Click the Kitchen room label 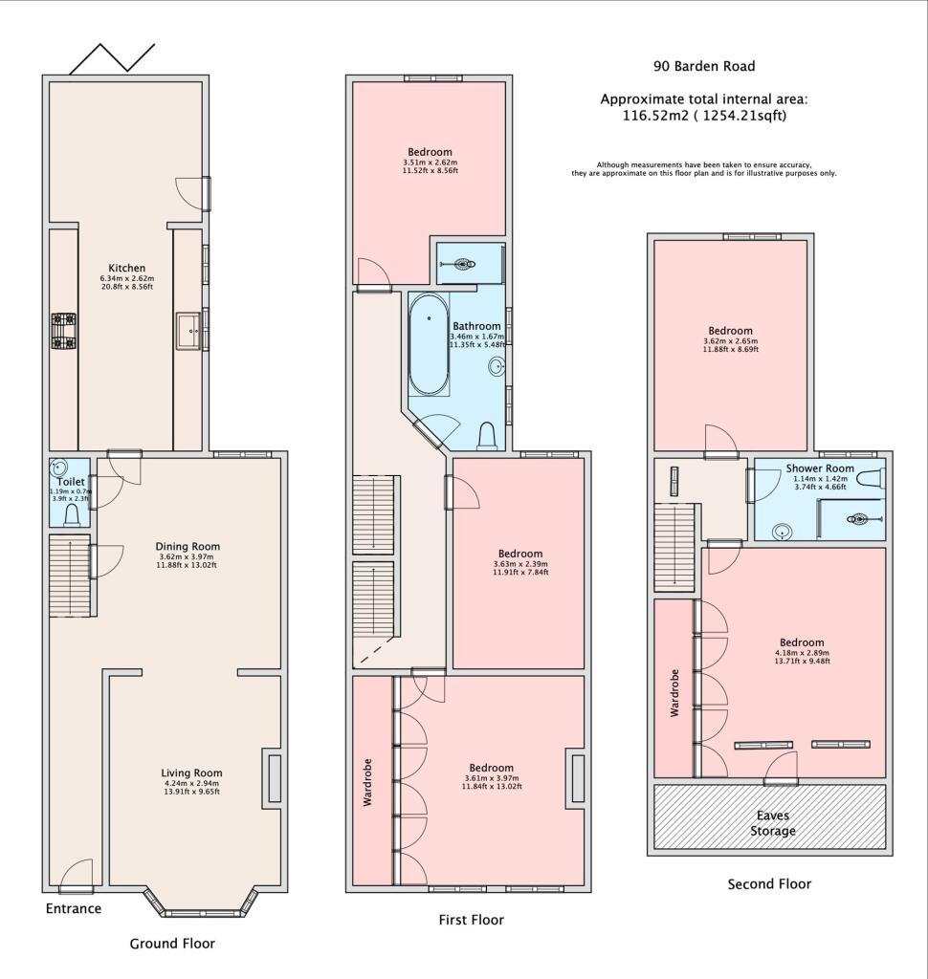pos(126,268)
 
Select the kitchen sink pos(188,332)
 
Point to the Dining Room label pos(188,547)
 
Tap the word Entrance pos(74,908)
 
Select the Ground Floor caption pos(172,944)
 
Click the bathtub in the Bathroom pos(428,343)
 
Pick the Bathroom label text pos(476,326)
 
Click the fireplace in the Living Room pos(274,778)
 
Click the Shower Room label pos(820,468)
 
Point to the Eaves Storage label pos(772,823)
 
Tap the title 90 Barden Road pos(704,66)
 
